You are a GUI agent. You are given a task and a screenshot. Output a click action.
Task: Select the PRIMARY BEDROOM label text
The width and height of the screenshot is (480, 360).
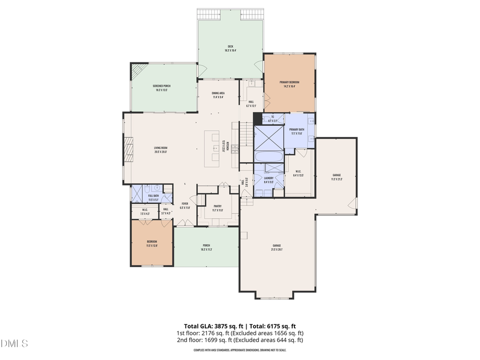click(290, 84)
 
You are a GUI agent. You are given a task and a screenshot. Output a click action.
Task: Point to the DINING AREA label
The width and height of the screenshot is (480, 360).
click(218, 95)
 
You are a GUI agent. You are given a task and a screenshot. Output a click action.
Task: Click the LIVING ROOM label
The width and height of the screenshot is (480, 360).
click(161, 150)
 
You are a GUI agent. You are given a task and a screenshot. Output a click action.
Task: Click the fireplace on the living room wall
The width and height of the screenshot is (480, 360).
click(127, 150)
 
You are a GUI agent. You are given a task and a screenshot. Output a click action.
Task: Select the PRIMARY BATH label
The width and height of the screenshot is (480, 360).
click(297, 132)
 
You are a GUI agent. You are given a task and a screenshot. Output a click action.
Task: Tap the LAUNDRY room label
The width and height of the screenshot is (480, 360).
click(268, 180)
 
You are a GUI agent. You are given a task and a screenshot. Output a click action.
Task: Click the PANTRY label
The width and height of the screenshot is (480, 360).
click(218, 208)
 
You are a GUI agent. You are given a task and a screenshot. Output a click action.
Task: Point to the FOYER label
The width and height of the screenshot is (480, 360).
click(185, 205)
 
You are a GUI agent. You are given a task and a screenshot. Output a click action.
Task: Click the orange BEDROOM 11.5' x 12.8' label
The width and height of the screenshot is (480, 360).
click(152, 244)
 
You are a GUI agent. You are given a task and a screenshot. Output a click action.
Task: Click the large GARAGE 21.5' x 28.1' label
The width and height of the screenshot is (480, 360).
click(277, 247)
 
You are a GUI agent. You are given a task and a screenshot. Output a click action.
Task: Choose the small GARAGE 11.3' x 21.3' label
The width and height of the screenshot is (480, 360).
click(337, 177)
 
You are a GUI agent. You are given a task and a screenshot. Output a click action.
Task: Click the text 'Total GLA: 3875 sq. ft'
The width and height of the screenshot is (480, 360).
click(210, 325)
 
